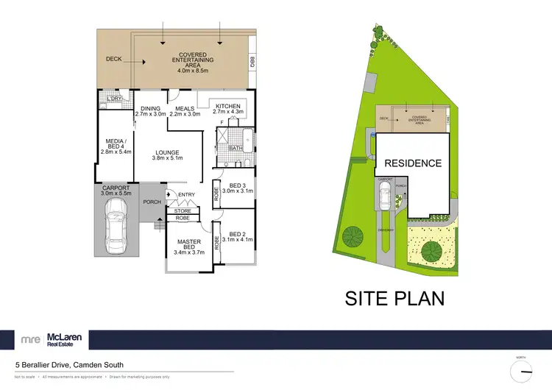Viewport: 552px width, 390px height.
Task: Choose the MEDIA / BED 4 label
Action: [x=115, y=143]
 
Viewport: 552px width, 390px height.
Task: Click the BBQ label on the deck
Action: [x=252, y=63]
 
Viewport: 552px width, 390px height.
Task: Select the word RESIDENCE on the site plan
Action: [x=411, y=163]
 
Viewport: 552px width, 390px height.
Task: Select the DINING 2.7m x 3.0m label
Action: [x=150, y=110]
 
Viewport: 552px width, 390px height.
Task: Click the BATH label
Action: [x=236, y=148]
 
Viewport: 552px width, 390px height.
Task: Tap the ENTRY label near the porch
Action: [x=186, y=195]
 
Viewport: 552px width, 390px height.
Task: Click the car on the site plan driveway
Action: [x=383, y=196]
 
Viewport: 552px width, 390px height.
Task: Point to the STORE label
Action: [x=183, y=211]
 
